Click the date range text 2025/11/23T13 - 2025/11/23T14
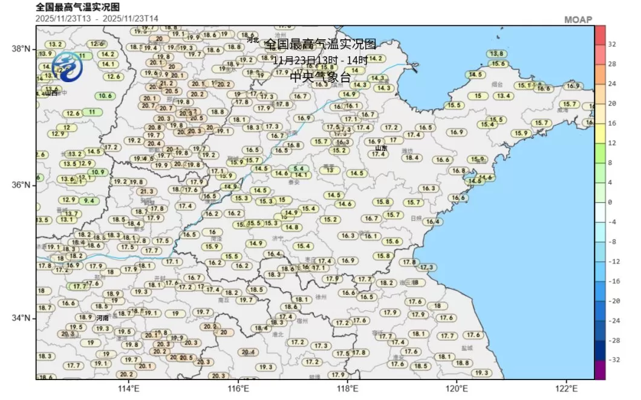[x=97, y=18]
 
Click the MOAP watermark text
[x=578, y=20]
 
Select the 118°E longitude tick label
[x=347, y=389]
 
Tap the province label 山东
[x=381, y=148]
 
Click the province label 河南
[x=103, y=318]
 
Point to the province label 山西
[x=51, y=93]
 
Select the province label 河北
[x=253, y=40]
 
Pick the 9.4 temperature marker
[x=89, y=201]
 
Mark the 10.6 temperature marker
[x=105, y=96]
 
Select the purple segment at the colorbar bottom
[x=600, y=370]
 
